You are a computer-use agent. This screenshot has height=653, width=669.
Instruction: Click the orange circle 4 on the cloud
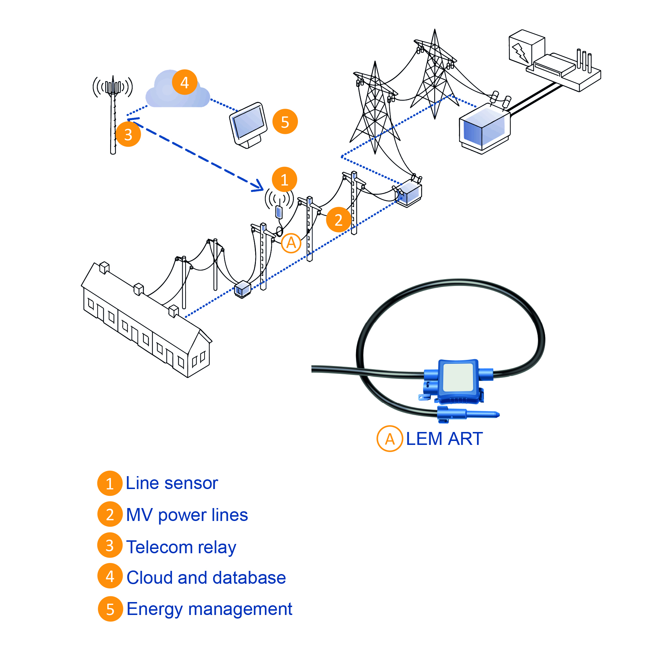point(184,82)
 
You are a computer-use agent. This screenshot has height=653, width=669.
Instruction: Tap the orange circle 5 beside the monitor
point(285,122)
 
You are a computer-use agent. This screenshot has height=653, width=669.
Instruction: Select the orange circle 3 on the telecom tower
point(128,134)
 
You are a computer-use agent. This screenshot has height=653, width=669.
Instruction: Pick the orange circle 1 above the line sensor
point(284,179)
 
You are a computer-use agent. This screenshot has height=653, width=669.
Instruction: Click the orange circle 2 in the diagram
point(338,220)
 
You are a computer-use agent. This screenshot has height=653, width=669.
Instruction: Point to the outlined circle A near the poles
point(291,243)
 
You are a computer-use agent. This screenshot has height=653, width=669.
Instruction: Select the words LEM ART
point(444,438)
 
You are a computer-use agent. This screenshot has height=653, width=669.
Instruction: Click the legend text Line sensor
point(172,483)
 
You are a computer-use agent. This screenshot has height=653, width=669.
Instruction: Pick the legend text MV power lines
point(187,515)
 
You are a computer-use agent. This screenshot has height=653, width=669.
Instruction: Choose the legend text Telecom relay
point(181,547)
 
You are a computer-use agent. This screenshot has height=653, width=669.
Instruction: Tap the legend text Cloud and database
point(206,578)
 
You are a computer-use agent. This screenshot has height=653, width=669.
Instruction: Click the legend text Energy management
point(209,609)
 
